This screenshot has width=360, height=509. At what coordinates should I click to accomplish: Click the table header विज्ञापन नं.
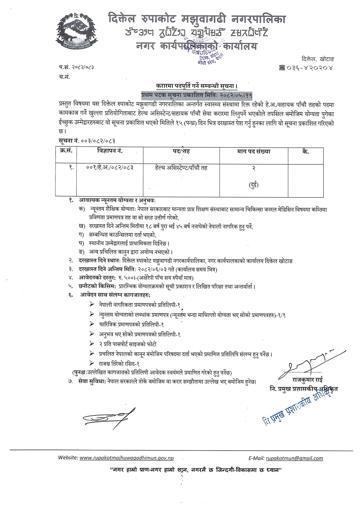click(110, 152)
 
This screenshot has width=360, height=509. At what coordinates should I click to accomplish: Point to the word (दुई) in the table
click(254, 185)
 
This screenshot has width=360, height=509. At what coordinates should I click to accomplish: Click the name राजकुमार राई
click(307, 380)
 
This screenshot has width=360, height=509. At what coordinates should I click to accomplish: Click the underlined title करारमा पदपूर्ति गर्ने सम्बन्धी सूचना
click(197, 86)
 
